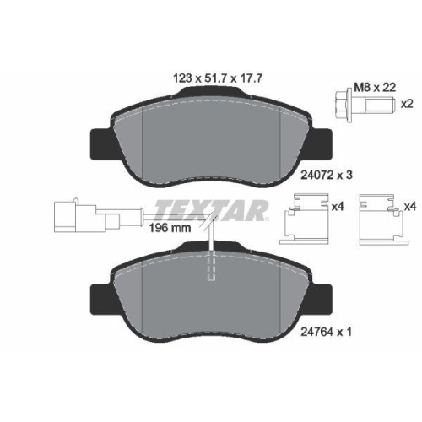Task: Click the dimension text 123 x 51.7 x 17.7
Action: [218, 78]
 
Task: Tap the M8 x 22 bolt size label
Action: [375, 87]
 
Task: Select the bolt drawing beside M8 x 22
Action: [365, 105]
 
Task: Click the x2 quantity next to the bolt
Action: [407, 104]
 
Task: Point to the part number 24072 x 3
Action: [327, 176]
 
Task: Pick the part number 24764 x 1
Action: [326, 333]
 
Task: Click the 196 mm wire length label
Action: [170, 228]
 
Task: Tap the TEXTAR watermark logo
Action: [211, 210]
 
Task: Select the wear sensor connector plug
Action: [87, 215]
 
